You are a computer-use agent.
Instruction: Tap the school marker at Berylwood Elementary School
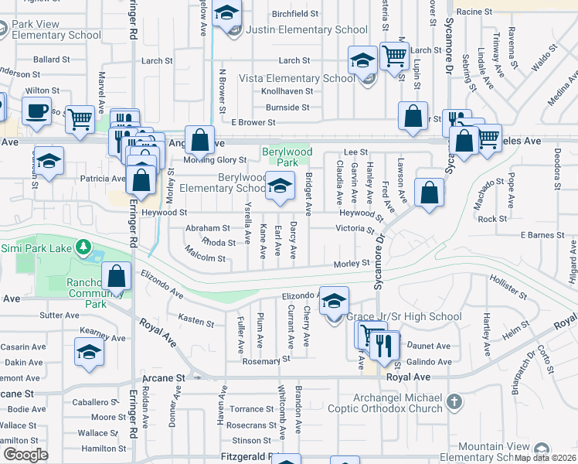point(280,186)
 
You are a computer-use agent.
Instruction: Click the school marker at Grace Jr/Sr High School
point(334,302)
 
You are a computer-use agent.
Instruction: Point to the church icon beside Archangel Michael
point(454,402)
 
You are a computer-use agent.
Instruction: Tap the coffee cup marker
point(36,111)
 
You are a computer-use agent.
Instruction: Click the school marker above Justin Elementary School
point(226,14)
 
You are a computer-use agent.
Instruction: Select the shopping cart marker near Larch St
point(394,56)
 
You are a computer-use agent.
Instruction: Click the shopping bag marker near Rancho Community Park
point(117,276)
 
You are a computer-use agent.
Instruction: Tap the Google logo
point(25,455)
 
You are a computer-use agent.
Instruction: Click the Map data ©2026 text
point(546,459)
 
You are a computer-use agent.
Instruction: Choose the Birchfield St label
point(295,14)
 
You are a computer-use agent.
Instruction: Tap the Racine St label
point(474,12)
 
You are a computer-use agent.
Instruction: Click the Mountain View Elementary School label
point(504,452)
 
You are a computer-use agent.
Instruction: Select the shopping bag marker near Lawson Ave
point(429,193)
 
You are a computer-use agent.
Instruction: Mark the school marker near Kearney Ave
point(89,352)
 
